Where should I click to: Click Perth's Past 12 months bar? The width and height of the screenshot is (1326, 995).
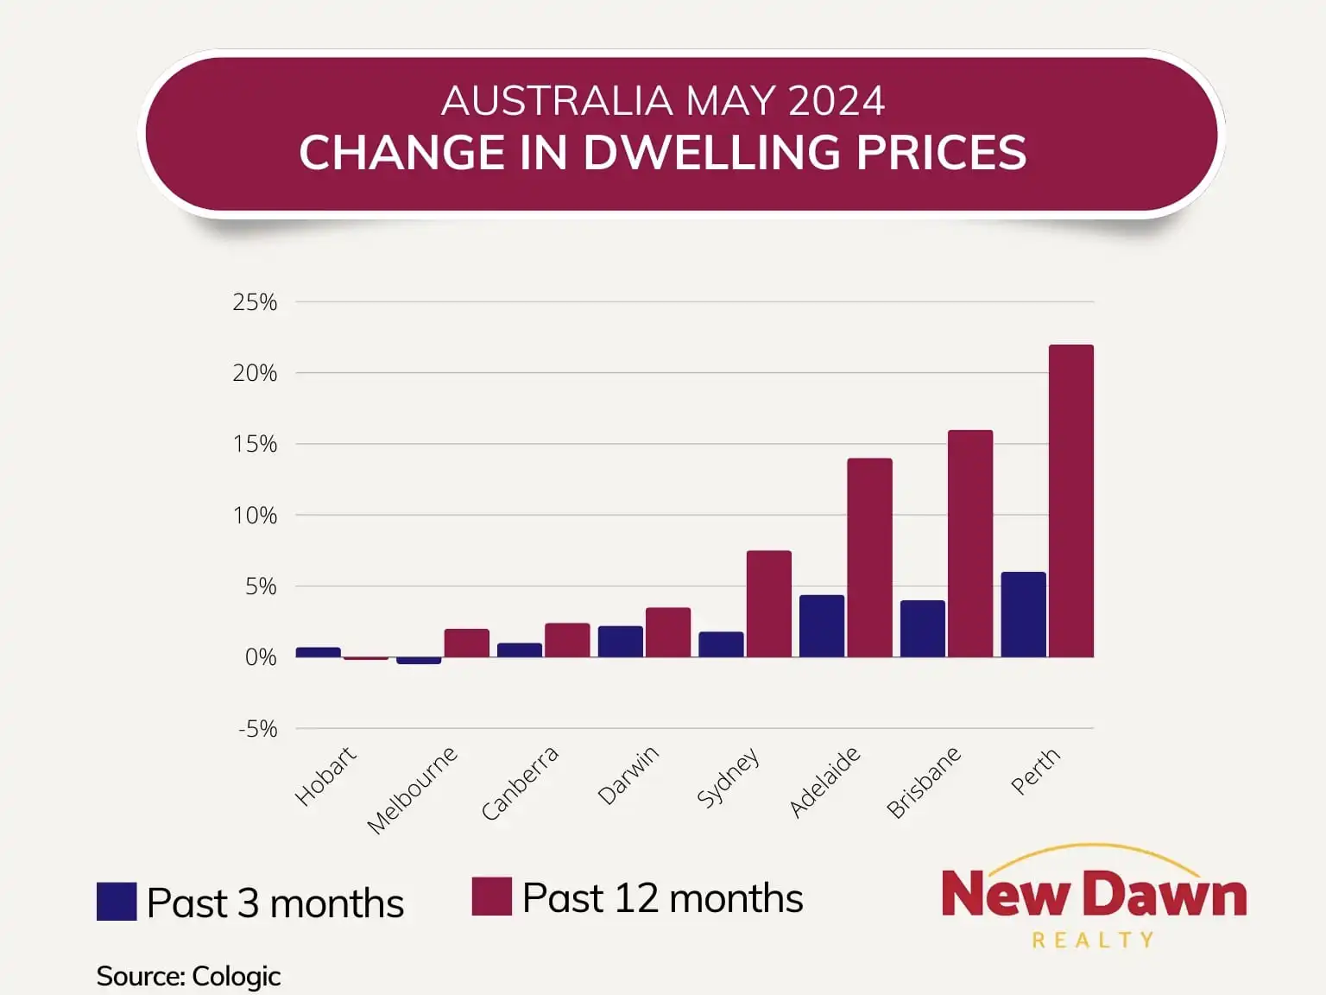pos(1070,501)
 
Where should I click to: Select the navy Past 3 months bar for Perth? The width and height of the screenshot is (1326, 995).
pos(1023,614)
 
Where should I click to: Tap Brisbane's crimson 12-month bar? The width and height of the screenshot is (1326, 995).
pos(970,543)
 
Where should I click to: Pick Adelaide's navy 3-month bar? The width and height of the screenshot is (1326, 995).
pos(822,626)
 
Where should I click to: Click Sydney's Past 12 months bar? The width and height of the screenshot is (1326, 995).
pos(768,604)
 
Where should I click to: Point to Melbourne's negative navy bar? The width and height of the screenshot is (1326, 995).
pos(419,661)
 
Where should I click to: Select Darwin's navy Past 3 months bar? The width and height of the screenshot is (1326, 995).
pos(620,642)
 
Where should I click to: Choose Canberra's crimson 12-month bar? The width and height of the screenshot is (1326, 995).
pos(567,640)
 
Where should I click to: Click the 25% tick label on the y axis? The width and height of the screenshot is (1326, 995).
pos(255,302)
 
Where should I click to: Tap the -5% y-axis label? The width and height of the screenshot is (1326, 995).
pos(257,729)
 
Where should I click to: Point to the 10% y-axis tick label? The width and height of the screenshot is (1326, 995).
pos(255,516)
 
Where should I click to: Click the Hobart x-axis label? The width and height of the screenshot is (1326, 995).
pos(325,776)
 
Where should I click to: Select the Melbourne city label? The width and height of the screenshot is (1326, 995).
pos(412,790)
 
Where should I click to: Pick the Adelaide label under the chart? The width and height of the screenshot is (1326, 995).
pos(824,782)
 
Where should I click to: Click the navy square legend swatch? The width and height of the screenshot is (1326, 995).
pos(117,901)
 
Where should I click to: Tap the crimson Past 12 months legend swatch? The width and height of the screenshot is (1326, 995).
pos(491,897)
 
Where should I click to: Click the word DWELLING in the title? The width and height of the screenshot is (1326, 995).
pos(711,153)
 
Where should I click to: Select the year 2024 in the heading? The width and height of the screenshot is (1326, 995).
pos(836,101)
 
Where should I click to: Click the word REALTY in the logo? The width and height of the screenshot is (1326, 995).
pos(1093,940)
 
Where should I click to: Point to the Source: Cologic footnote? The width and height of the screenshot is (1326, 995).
pos(188,976)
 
